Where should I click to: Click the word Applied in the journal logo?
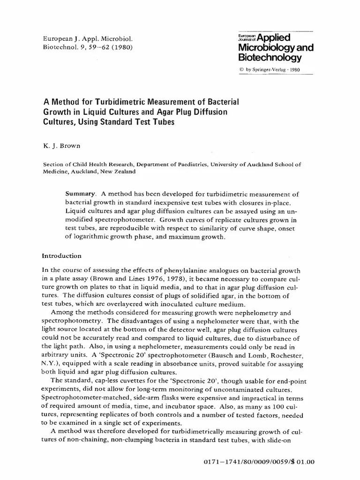pos(274,38)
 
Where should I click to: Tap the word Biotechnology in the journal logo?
pos(270,58)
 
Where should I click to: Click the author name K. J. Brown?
pos(61,146)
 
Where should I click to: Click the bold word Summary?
pos(80,194)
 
